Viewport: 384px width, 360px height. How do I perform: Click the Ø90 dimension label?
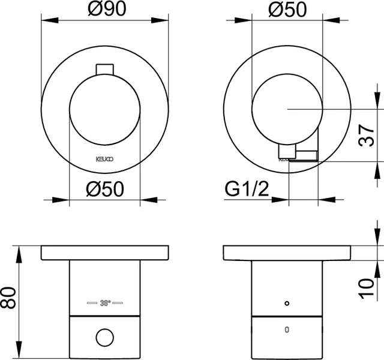point(106,11)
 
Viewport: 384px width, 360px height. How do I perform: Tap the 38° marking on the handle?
point(105,302)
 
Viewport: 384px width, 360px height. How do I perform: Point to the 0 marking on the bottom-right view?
point(287,329)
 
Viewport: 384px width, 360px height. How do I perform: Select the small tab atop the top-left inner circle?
point(105,68)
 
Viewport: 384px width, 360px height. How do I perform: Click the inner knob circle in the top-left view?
point(105,110)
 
